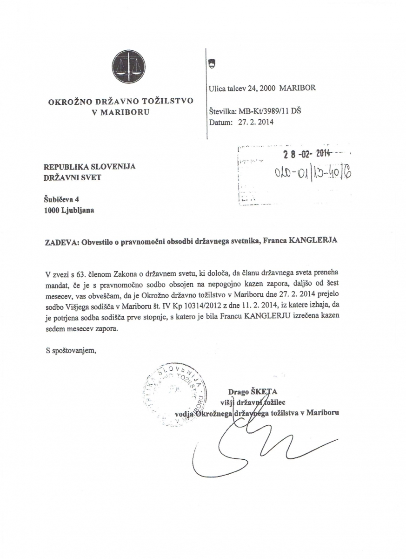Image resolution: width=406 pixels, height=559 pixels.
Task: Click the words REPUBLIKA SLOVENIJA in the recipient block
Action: pos(89,167)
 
